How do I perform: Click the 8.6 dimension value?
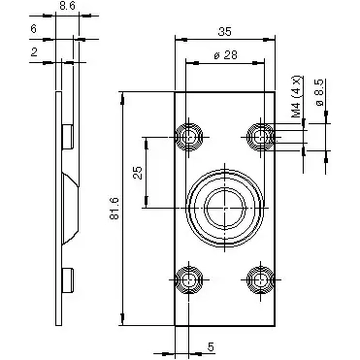(66, 7)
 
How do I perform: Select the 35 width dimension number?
(222, 31)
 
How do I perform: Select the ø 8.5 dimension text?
(319, 100)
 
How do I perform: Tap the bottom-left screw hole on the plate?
(188, 279)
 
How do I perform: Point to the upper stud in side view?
(69, 137)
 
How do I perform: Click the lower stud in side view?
(69, 279)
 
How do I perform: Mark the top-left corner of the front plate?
(176, 92)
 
